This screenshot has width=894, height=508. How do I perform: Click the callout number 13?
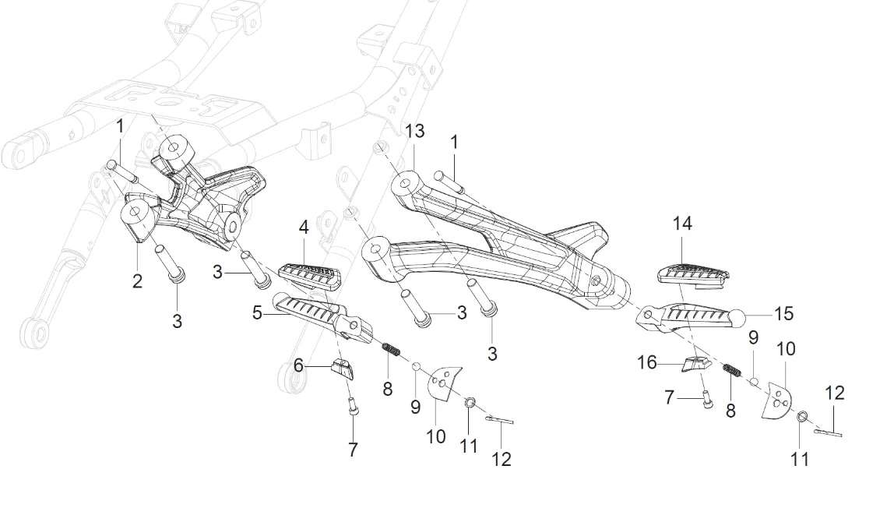[415, 131]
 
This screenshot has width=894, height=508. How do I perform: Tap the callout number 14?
[682, 224]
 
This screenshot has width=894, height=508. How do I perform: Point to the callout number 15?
[783, 313]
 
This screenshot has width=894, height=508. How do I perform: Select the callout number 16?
[647, 363]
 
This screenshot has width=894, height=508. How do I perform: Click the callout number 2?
[137, 281]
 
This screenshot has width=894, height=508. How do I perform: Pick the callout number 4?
[304, 228]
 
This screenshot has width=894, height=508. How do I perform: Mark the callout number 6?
[297, 364]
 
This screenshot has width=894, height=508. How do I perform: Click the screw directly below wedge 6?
[352, 406]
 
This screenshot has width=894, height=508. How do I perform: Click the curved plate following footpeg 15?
[776, 400]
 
